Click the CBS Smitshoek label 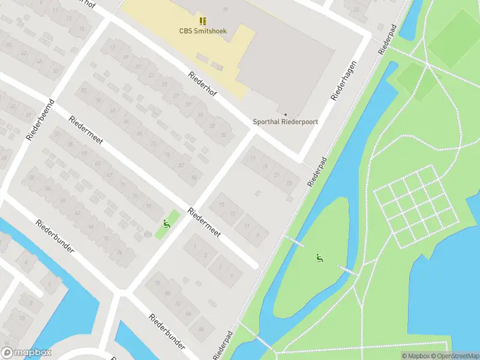[203, 31]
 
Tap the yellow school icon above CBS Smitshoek [203, 21]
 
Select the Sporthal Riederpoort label [286, 121]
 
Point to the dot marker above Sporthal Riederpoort [286, 114]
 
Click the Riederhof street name [202, 85]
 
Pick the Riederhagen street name [344, 80]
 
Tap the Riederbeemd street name [41, 120]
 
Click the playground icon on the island [320, 258]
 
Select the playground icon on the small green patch [166, 224]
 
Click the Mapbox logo [26, 353]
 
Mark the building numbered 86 [202, 329]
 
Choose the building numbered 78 [158, 283]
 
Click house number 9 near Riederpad [258, 235]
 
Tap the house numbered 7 [231, 275]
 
